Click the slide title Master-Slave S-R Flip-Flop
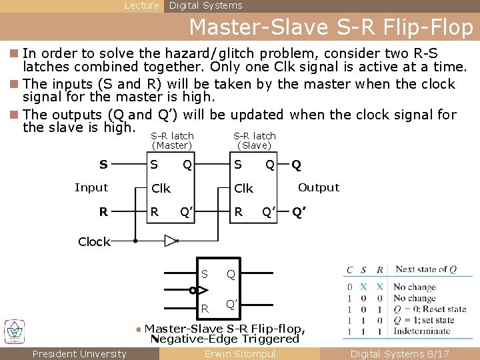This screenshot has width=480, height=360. click(331, 27)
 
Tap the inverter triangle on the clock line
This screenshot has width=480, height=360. click(171, 241)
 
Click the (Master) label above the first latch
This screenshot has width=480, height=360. click(172, 145)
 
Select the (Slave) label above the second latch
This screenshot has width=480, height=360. click(255, 145)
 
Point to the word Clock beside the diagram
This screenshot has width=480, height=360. click(94, 242)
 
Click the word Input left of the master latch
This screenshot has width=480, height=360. click(91, 187)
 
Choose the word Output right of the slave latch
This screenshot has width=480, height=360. click(319, 187)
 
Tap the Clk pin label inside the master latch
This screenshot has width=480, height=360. click(161, 189)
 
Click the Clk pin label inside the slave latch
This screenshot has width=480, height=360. click(243, 189)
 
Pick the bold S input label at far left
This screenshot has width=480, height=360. click(103, 164)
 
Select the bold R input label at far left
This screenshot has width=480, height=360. click(103, 213)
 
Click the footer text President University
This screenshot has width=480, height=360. click(79, 354)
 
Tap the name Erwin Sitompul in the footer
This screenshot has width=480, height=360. click(240, 354)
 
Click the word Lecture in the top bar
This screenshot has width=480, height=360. click(142, 5)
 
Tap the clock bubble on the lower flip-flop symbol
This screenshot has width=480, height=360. click(192, 290)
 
